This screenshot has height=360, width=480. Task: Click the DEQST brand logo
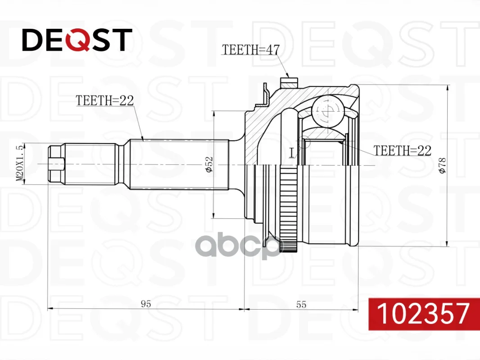[x=77, y=40]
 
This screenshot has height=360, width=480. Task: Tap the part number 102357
[x=423, y=314]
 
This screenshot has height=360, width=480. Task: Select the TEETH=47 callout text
[x=251, y=49]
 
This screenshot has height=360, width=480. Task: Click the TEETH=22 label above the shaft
[x=105, y=100]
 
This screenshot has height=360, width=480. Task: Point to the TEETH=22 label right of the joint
[x=402, y=150]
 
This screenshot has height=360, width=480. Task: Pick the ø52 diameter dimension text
[x=209, y=165]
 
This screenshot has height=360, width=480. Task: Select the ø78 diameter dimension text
[x=442, y=166]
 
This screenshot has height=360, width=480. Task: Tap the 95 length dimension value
[x=146, y=304]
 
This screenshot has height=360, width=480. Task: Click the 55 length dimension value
[x=301, y=304]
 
